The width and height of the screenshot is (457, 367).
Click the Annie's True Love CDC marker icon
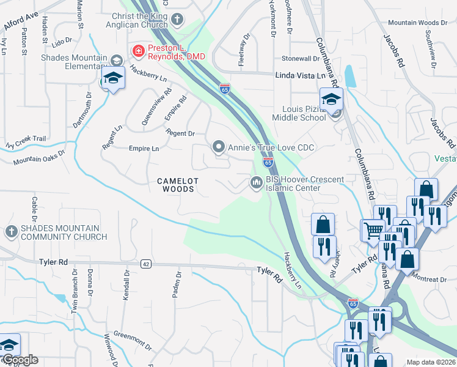click(x=218, y=147)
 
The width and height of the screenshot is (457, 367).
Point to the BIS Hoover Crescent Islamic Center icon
click(x=257, y=183)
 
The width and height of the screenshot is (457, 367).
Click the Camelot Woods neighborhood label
click(x=176, y=185)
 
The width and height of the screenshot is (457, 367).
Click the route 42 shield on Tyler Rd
click(x=145, y=264)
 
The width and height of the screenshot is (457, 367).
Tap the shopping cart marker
click(x=372, y=231)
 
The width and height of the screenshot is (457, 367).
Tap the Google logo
click(x=20, y=360)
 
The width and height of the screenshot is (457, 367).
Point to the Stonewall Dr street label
click(x=300, y=59)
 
